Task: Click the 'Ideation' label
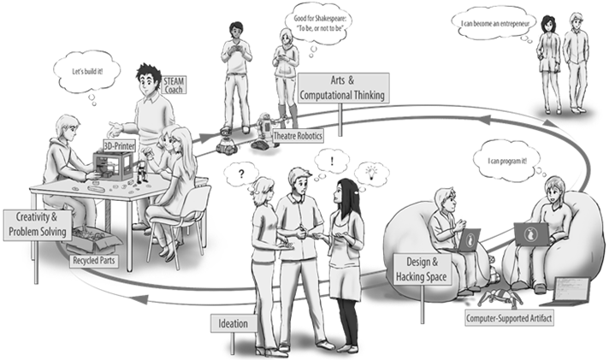229,323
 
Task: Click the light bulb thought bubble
374,171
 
